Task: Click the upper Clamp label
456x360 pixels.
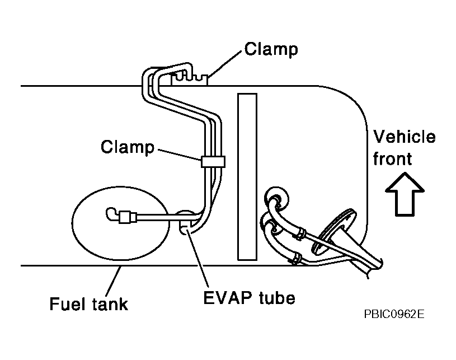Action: coord(271,49)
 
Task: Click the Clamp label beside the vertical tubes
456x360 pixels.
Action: coord(128,147)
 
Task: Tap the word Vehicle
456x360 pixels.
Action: coord(405,137)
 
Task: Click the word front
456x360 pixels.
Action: coord(392,159)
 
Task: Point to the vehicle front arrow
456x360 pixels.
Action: coord(405,194)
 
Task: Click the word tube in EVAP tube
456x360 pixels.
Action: coord(276,298)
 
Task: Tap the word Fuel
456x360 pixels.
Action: coord(68,304)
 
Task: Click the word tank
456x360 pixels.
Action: coord(110,304)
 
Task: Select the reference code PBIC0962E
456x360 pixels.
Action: coord(394,314)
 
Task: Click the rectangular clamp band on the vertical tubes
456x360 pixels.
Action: coord(213,161)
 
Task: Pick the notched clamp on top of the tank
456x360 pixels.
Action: coord(190,80)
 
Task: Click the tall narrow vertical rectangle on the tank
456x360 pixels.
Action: coord(247,177)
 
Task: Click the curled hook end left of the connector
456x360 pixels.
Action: coord(111,214)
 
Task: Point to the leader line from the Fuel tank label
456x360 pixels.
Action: coord(113,281)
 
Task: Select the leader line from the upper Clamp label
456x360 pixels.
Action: coord(225,64)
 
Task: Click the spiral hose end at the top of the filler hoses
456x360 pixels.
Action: coord(276,199)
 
